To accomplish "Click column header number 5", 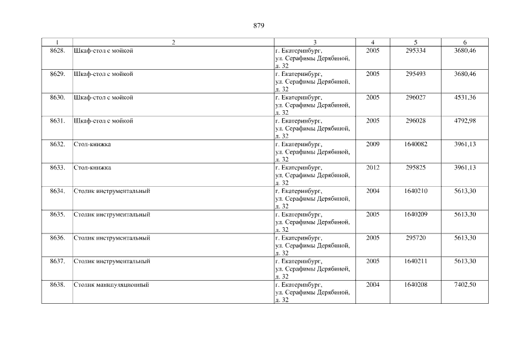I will pyautogui.click(x=415, y=42).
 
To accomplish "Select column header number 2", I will pyautogui.click(x=173, y=42).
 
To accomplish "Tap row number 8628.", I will pyautogui.click(x=57, y=51).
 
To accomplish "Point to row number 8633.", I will pyautogui.click(x=57, y=168).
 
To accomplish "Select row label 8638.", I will pyautogui.click(x=57, y=285).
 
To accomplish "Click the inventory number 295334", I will pyautogui.click(x=415, y=51).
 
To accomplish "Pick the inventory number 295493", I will pyautogui.click(x=415, y=74).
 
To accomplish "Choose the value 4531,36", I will pyautogui.click(x=465, y=97).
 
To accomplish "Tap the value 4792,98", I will pyautogui.click(x=465, y=121).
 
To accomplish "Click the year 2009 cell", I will pyautogui.click(x=372, y=144).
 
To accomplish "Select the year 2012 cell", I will pyautogui.click(x=372, y=168).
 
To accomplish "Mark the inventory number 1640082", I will pyautogui.click(x=415, y=144).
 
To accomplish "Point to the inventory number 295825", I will pyautogui.click(x=415, y=168).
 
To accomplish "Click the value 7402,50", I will pyautogui.click(x=465, y=285).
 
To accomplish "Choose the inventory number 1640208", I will pyautogui.click(x=415, y=285).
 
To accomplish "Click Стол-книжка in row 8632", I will pyautogui.click(x=92, y=144).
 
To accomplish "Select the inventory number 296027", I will pyautogui.click(x=415, y=97).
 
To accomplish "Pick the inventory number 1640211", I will pyautogui.click(x=415, y=261).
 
